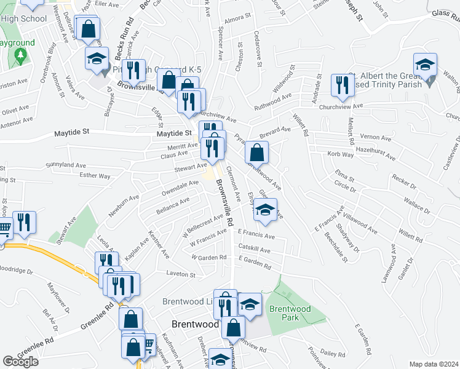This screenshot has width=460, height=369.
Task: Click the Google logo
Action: [x=20, y=362]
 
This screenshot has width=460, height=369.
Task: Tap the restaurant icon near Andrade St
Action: [x=340, y=85]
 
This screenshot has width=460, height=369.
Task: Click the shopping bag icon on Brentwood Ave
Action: [x=256, y=153]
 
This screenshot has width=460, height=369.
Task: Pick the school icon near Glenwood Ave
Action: [x=265, y=210]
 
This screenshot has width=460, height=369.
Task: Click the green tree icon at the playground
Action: [x=20, y=56]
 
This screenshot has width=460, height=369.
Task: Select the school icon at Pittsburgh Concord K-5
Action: [x=96, y=59]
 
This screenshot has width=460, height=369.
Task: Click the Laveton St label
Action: [x=180, y=274]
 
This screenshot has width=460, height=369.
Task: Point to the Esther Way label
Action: [x=95, y=176]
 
